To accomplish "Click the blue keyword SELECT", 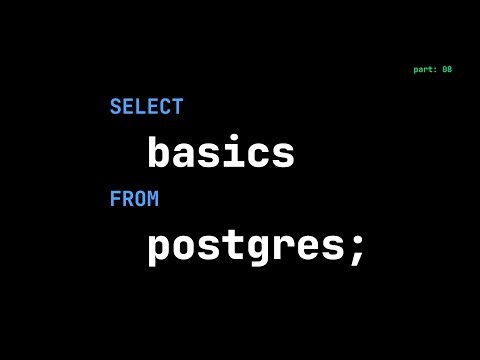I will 146,107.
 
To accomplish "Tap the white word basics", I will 221,153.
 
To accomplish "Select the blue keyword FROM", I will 134,199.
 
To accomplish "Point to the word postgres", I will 246,246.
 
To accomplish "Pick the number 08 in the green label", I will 447,69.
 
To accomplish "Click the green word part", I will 424,69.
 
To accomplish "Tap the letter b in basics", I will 160,152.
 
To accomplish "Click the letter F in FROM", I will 115,199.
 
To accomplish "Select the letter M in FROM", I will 153,199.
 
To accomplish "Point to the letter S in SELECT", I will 115,107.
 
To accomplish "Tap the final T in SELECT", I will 177,107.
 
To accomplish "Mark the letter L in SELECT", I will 140,107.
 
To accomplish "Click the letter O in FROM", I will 140,199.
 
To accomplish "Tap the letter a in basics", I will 184,155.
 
